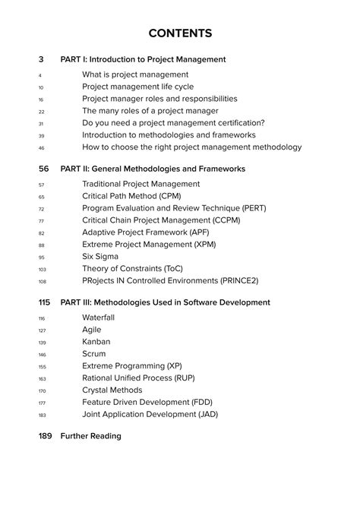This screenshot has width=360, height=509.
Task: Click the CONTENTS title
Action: point(180,33)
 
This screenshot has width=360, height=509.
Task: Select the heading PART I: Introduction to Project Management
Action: point(143,59)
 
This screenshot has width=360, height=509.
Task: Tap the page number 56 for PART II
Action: point(43,169)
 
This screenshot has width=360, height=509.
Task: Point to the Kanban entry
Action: point(96,342)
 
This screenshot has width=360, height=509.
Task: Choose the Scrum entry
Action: point(95,354)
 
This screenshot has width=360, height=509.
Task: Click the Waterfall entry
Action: point(98,318)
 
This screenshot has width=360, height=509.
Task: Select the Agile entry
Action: point(91,330)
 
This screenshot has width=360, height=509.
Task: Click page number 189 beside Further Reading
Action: point(43,436)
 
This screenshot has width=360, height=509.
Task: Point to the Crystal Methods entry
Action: point(112,390)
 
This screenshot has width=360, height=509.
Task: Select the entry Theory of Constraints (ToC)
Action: point(133,268)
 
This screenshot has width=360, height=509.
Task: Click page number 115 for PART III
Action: point(43,302)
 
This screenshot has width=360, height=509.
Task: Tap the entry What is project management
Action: point(135,74)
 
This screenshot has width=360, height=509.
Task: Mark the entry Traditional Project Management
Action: point(141,184)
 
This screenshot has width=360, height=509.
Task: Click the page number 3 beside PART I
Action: point(40,59)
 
